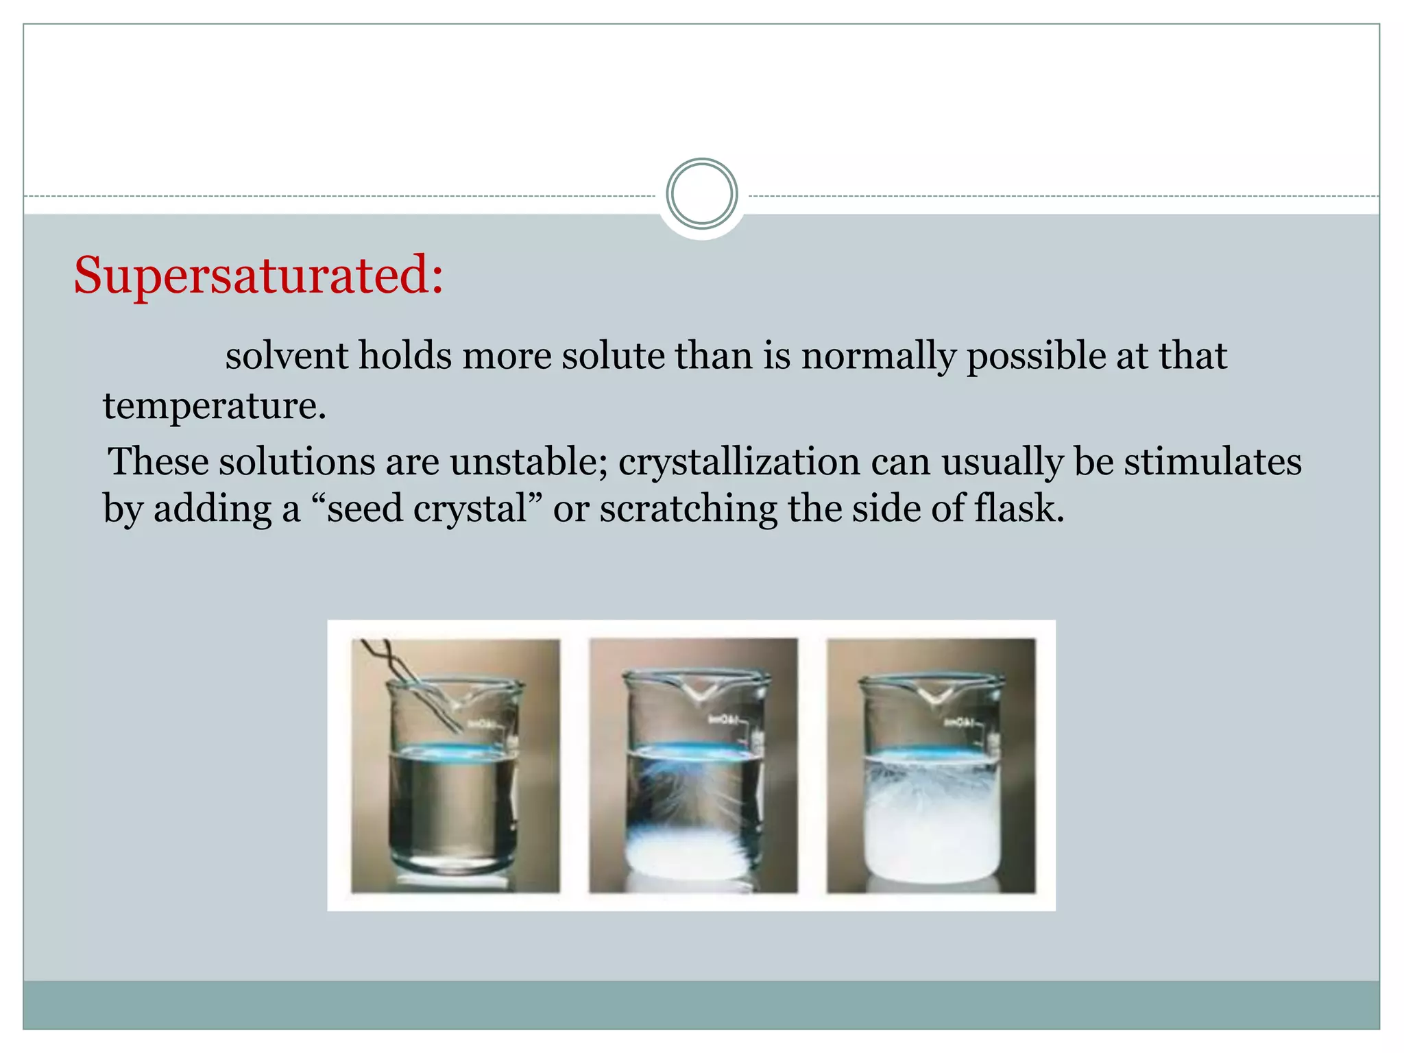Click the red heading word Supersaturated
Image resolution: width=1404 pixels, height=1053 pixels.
258,276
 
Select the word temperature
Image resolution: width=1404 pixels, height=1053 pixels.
214,406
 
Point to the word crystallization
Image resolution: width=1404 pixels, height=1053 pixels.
739,461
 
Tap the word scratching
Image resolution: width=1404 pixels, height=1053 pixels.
688,509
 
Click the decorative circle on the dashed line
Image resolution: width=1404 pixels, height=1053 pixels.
701,194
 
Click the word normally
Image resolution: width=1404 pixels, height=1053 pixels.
878,356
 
